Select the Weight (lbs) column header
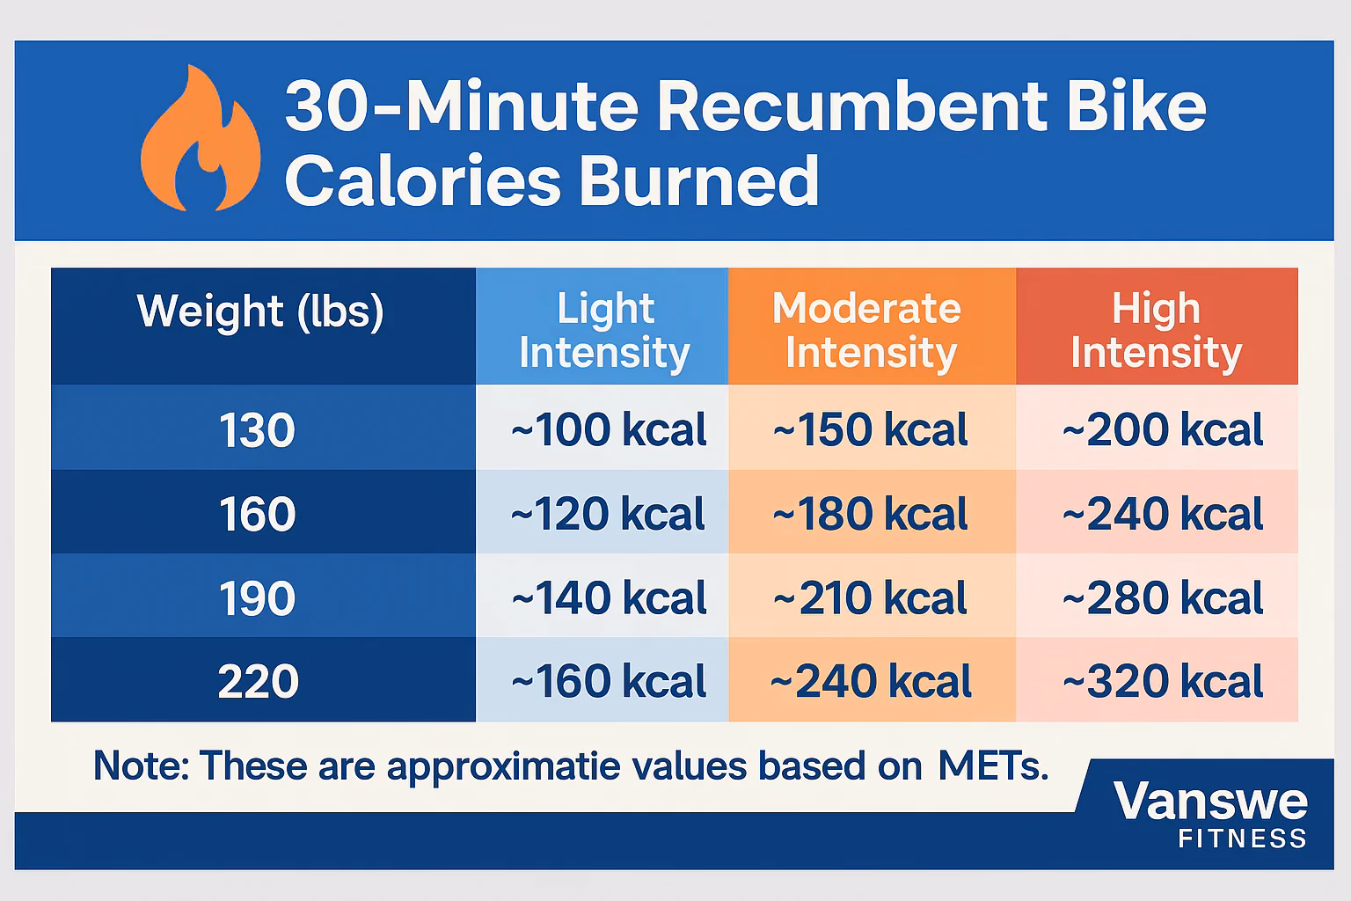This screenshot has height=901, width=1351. (x=260, y=311)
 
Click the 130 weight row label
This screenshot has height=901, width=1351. (x=257, y=431)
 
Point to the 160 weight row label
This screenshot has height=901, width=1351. (x=257, y=515)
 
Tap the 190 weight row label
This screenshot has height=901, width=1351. (x=257, y=599)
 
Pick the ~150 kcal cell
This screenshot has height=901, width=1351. (x=871, y=430)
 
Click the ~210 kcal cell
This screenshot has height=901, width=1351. (x=871, y=599)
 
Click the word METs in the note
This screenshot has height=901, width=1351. (x=993, y=766)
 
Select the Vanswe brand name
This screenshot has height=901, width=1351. (x=1210, y=802)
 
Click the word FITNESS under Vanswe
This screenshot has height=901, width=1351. (x=1242, y=839)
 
